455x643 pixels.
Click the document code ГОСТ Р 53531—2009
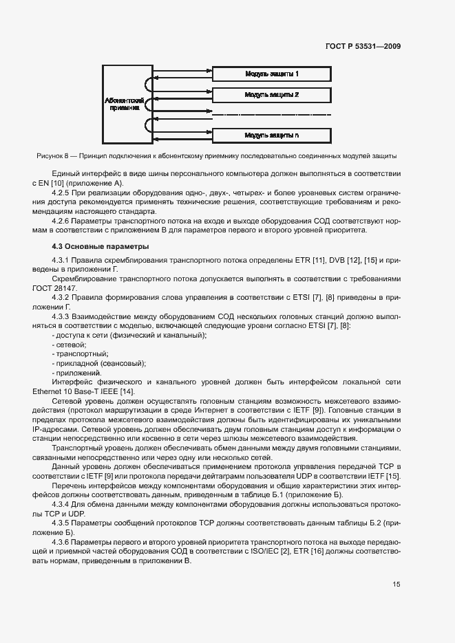363,46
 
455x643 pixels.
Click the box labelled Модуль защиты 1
271,73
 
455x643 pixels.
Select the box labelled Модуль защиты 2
271,94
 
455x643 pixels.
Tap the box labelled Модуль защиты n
271,134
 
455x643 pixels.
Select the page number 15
396,584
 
